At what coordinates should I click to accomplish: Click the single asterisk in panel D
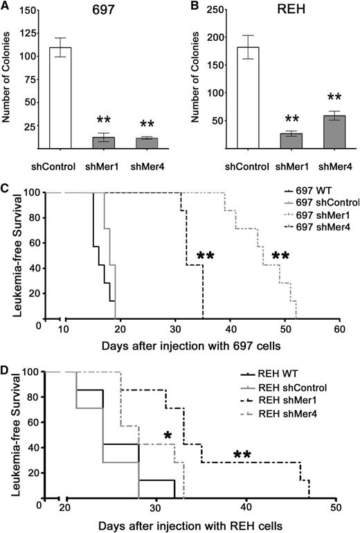pyautogui.click(x=168, y=435)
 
